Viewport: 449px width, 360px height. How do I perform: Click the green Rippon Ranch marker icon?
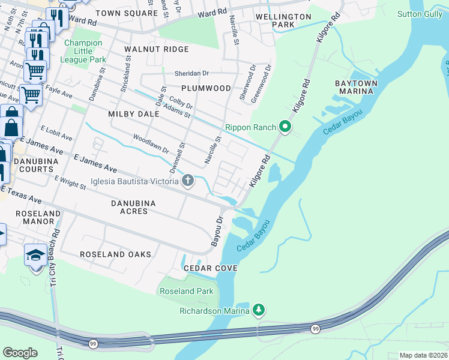coord(285,127)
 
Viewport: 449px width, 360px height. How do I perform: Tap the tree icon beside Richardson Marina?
coord(259,310)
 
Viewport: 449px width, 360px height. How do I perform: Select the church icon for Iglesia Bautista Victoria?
coord(188,180)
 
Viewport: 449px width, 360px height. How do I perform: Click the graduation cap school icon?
coord(36,255)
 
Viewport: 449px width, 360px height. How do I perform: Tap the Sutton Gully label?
coord(422,13)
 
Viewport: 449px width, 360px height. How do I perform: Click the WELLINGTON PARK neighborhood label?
coord(283,20)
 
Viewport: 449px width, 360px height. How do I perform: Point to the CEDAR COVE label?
coord(210,268)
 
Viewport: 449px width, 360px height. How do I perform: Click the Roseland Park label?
coord(185,291)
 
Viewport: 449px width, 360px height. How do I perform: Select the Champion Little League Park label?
coord(85,51)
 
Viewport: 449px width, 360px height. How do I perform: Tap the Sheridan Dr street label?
coord(191,73)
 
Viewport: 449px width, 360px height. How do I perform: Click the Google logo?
coord(20,353)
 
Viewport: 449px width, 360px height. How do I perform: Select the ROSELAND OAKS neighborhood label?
coord(116,254)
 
